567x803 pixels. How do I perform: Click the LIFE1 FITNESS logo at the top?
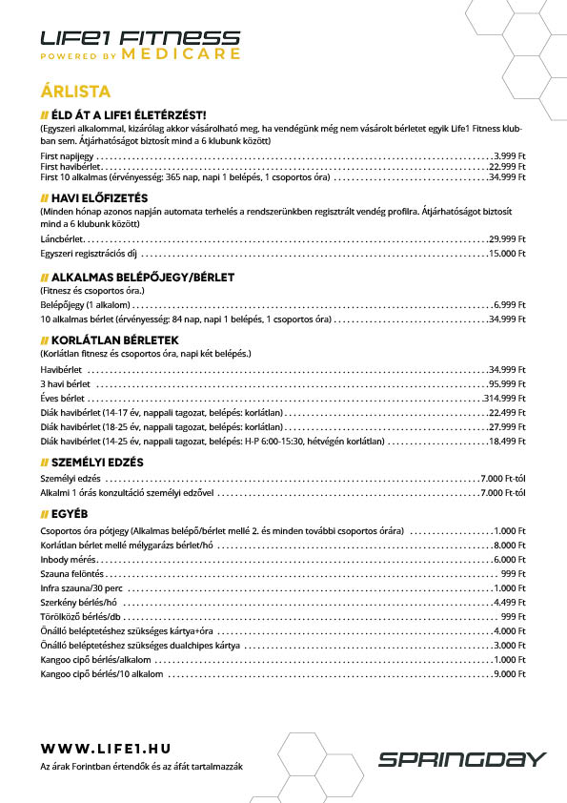(140, 38)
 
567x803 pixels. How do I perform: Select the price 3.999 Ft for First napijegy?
(509, 154)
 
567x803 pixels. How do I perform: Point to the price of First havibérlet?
(506, 165)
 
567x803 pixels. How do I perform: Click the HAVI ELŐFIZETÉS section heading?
(95, 197)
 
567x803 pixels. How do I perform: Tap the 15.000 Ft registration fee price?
(506, 254)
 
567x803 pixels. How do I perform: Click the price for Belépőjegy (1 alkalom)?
(509, 303)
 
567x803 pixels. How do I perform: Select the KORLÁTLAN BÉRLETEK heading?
(110, 340)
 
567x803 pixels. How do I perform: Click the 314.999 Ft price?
(504, 398)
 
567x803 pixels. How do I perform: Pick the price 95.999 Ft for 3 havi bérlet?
(506, 382)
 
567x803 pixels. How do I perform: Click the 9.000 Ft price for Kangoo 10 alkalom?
(509, 674)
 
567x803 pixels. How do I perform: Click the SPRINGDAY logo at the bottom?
(462, 760)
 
